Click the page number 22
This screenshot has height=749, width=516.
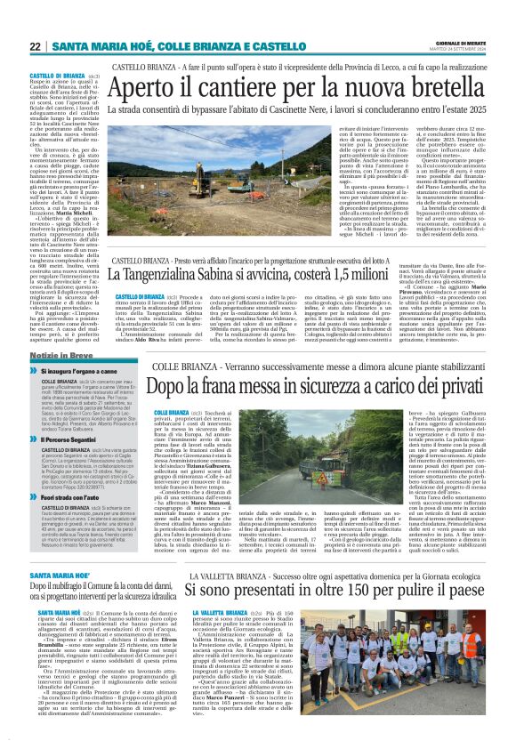pos(36,46)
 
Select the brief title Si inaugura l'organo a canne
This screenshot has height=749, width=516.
pos(84,367)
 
